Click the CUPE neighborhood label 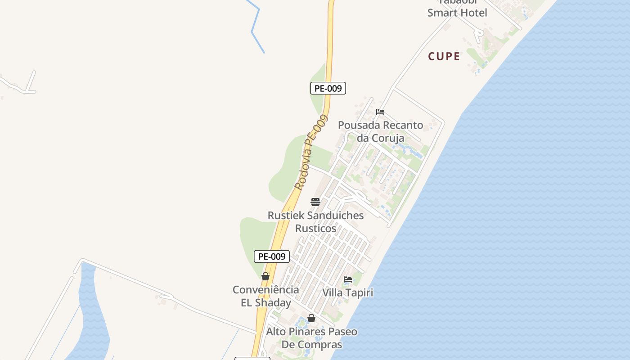coord(444,57)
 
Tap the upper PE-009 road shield coord(328,88)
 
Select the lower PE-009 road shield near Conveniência coord(271,256)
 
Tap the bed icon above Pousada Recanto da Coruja coord(380,112)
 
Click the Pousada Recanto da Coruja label coord(380,131)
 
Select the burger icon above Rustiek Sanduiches coord(315,202)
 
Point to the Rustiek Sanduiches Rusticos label coord(315,222)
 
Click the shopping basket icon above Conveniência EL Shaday coord(265,276)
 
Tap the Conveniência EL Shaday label coord(265,296)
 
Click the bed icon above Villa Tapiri coord(348,279)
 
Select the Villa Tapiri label coord(348,293)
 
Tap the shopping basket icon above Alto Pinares coord(311,319)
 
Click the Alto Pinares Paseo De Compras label coord(311,338)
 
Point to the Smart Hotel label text coord(457,13)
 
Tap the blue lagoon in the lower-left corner coord(93,315)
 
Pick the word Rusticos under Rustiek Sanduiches coord(315,229)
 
